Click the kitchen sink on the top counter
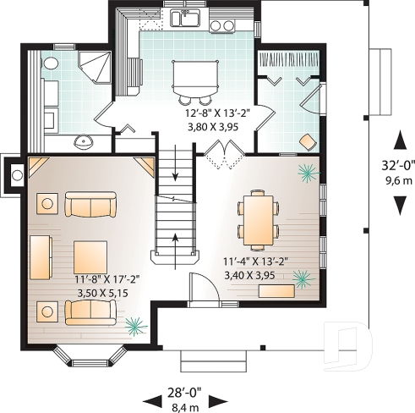pos(185,18)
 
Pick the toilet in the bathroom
pos(49,63)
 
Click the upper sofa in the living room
pos(91,206)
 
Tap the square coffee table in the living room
pos(90,256)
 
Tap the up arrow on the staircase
pos(174,237)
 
